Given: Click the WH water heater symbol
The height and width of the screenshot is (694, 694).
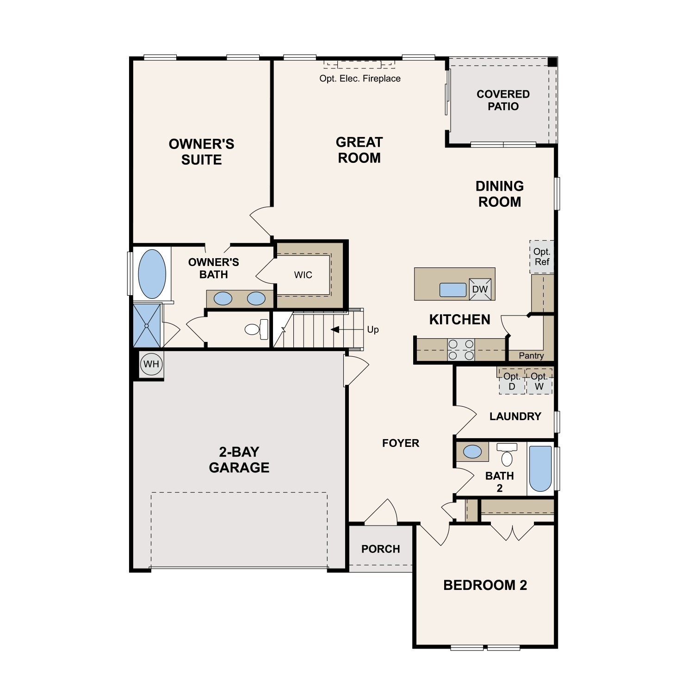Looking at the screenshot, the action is click(x=151, y=364).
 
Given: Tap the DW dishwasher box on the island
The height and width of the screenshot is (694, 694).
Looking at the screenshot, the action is click(x=480, y=289).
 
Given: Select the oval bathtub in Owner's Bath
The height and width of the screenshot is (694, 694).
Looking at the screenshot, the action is click(x=152, y=274).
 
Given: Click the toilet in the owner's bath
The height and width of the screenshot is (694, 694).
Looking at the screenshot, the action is click(x=256, y=329).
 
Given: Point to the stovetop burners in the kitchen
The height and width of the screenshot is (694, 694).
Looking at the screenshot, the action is click(x=461, y=350).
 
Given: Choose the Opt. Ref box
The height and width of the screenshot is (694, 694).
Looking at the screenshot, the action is click(x=542, y=257).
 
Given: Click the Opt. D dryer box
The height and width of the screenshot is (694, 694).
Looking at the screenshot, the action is click(x=512, y=382).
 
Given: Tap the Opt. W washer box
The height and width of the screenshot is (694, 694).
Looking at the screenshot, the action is click(x=539, y=382).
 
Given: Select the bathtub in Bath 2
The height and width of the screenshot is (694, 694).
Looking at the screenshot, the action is click(x=540, y=469).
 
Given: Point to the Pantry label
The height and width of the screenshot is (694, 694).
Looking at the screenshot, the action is click(x=531, y=356).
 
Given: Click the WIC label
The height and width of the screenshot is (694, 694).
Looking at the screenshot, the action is click(x=303, y=275).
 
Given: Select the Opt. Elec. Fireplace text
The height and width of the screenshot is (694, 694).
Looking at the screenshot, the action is click(x=360, y=79).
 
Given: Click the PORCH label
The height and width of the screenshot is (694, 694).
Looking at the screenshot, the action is click(x=381, y=549).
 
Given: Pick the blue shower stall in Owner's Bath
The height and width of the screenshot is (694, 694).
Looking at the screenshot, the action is click(x=147, y=325).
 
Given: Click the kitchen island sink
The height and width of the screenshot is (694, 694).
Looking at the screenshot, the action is click(x=453, y=290).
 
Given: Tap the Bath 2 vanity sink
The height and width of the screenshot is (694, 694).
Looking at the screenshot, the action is click(x=472, y=452).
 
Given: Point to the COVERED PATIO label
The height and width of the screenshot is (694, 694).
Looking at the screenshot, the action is click(x=503, y=100).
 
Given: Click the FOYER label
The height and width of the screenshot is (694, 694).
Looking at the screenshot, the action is click(x=401, y=443).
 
